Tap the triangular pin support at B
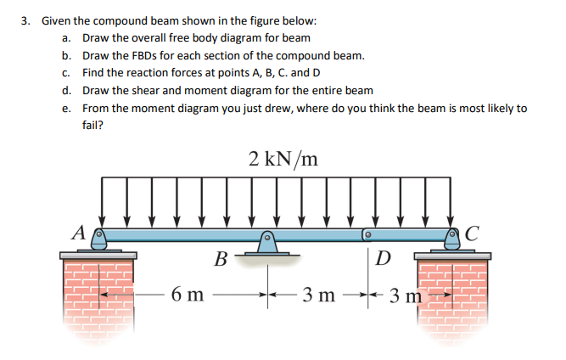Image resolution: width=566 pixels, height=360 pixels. tap(266, 245)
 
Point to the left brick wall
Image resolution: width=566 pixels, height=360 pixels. tap(100, 297)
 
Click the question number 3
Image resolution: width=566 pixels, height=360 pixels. tap(25, 20)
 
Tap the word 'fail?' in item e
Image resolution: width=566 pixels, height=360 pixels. tap(93, 125)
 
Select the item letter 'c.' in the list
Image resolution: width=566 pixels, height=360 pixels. tap(66, 73)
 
